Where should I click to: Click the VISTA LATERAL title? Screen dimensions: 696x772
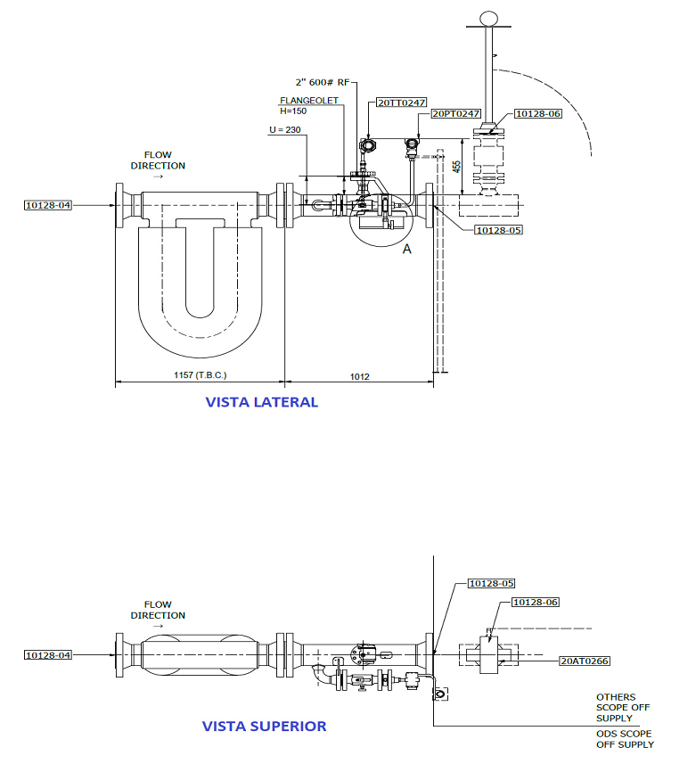(x=261, y=402)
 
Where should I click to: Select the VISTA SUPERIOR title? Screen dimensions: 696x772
(x=264, y=727)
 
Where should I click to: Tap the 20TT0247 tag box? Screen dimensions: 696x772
(x=402, y=103)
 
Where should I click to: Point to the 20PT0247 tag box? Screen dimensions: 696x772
(x=455, y=113)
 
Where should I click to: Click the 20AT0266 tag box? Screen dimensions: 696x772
(x=585, y=661)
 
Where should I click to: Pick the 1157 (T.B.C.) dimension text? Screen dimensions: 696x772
(x=200, y=375)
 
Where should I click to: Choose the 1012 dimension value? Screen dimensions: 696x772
(x=359, y=377)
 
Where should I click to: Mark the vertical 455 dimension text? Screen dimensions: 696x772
(x=457, y=167)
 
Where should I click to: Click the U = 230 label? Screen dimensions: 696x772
(x=284, y=129)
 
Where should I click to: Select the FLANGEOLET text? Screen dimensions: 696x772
(x=309, y=101)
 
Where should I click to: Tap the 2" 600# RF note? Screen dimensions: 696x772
(x=323, y=82)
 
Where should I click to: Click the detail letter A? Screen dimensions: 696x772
(x=406, y=249)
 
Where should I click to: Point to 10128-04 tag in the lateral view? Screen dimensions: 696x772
(x=48, y=205)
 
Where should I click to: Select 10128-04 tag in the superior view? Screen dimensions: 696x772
(x=48, y=655)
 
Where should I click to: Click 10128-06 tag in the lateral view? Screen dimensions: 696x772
(x=538, y=113)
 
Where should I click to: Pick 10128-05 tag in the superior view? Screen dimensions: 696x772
(x=491, y=583)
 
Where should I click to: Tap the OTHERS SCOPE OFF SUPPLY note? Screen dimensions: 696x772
(x=623, y=708)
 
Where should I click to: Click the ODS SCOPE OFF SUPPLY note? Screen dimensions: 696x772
(x=625, y=739)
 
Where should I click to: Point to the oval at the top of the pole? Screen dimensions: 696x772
(x=488, y=19)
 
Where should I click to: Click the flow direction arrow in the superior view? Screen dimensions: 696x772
(x=158, y=627)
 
